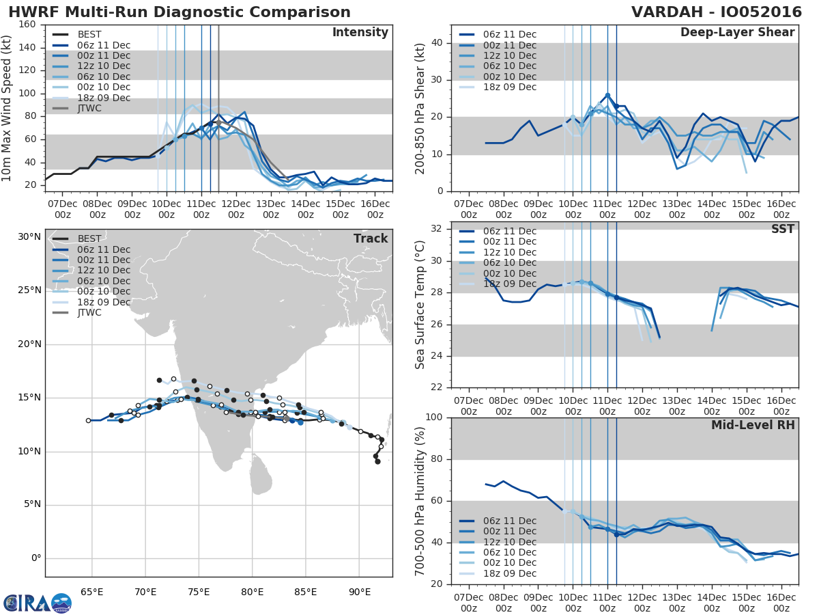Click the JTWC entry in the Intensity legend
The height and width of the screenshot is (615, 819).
(89, 108)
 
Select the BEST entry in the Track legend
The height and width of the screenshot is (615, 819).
(91, 239)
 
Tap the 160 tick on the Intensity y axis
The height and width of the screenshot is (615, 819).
(28, 25)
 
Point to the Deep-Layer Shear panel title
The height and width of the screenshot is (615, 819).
(737, 33)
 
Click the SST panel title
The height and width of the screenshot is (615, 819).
(783, 229)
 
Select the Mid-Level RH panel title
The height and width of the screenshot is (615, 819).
(753, 425)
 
